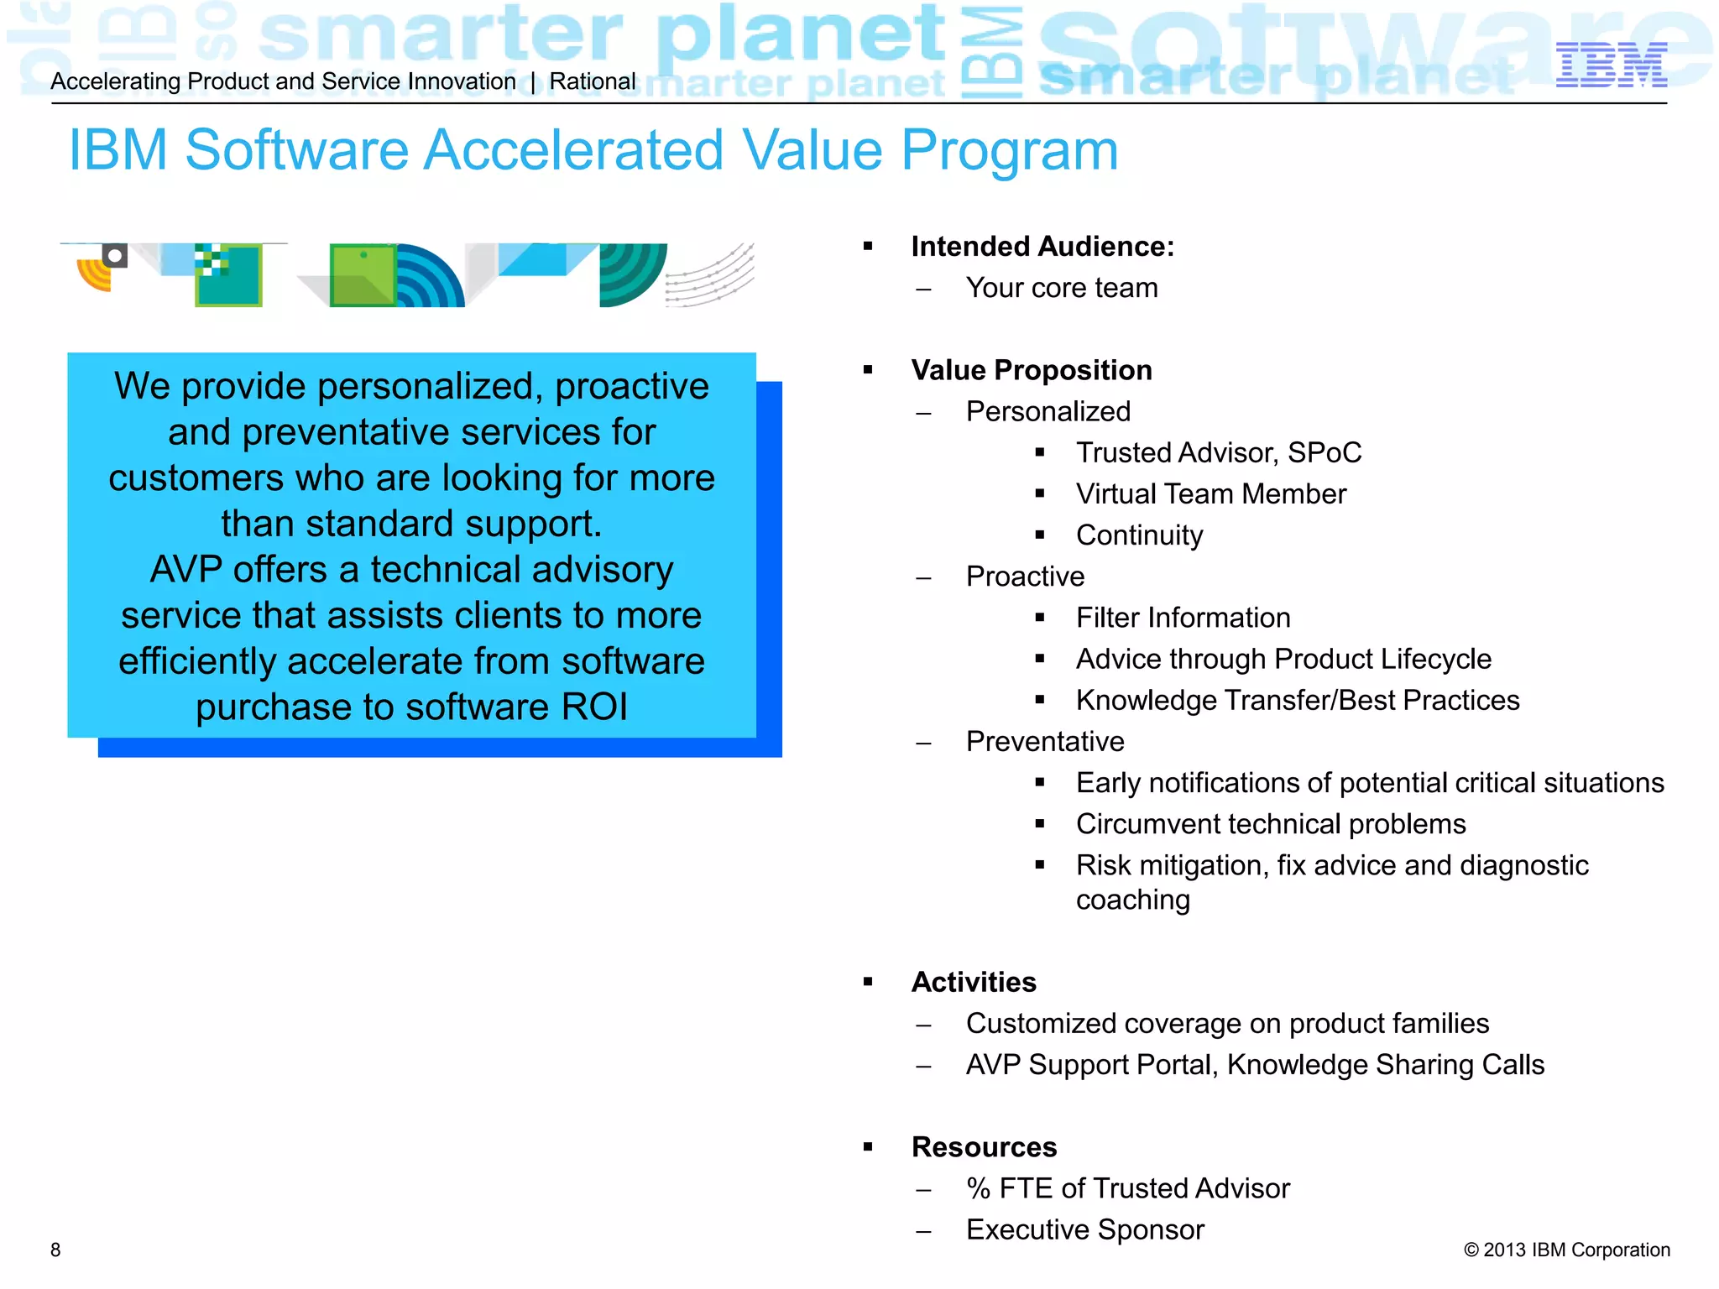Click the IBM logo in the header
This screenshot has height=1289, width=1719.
click(1611, 65)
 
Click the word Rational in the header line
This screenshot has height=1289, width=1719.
click(593, 81)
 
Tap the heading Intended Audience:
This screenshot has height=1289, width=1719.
click(1042, 247)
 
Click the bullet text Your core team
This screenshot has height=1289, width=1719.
click(1061, 288)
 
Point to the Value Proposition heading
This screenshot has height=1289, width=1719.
click(1031, 370)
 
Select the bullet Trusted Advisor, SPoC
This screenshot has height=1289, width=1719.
click(1218, 453)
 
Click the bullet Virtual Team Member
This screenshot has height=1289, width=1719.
click(1210, 494)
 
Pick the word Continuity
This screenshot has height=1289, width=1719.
click(1139, 535)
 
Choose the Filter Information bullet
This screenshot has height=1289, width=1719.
click(1183, 618)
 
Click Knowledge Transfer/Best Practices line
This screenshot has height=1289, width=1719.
click(1297, 701)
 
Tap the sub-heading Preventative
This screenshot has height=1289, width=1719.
click(1044, 742)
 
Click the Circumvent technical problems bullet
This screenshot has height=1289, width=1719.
click(1270, 824)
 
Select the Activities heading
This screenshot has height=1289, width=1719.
click(974, 982)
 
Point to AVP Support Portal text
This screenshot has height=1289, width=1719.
click(1091, 1065)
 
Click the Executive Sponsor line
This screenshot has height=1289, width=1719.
click(1084, 1230)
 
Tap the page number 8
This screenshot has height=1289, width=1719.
click(55, 1250)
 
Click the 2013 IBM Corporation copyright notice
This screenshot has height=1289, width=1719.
click(1566, 1250)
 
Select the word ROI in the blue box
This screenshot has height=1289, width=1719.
click(593, 707)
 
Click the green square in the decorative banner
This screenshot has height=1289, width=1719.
click(362, 275)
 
